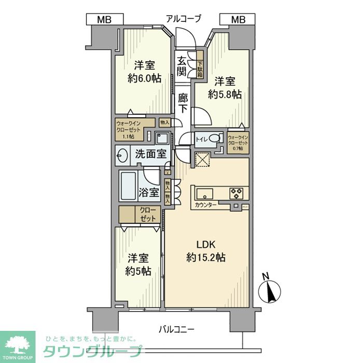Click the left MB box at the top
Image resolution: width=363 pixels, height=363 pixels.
pos(105,20)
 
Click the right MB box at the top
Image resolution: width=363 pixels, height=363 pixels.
pos(238,20)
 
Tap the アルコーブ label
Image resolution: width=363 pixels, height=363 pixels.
pos(183,19)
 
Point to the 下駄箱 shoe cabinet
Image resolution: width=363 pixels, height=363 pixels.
pos(199,65)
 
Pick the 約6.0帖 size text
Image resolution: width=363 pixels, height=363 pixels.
pos(144,79)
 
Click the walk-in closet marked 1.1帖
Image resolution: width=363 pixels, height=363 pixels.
pos(131,130)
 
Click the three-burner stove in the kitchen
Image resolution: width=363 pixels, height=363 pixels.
pos(238,193)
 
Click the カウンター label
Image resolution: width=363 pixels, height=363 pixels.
pos(206,205)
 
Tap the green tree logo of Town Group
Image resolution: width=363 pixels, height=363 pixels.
pos(17,344)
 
